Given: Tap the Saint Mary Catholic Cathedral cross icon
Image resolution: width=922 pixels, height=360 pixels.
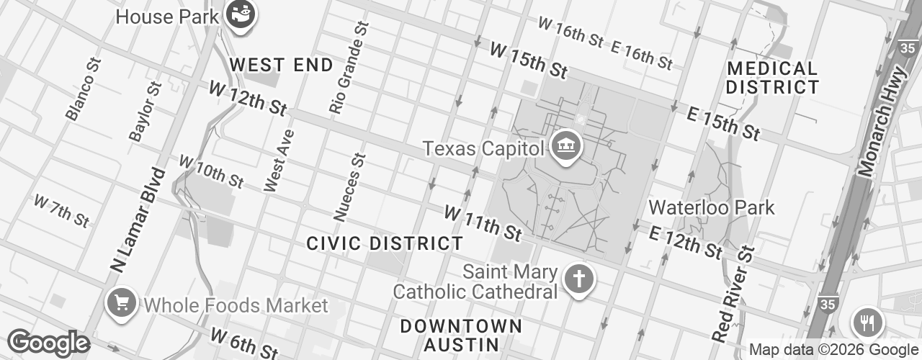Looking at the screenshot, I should [578, 279].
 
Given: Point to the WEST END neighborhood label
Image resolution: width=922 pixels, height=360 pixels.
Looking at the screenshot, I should [282, 65].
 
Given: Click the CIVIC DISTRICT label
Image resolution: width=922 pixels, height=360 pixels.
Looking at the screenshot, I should [385, 243].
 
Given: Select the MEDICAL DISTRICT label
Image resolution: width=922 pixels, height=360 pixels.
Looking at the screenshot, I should [772, 78].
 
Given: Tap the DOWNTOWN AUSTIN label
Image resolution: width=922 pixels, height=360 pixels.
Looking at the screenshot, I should [461, 335].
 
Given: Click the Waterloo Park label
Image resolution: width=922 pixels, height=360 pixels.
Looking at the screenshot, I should [711, 208].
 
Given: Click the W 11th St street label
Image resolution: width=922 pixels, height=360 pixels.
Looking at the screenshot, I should [482, 223].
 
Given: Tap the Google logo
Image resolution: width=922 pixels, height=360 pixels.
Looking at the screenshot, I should [48, 343].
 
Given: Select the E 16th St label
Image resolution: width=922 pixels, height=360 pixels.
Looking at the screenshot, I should [642, 54].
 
